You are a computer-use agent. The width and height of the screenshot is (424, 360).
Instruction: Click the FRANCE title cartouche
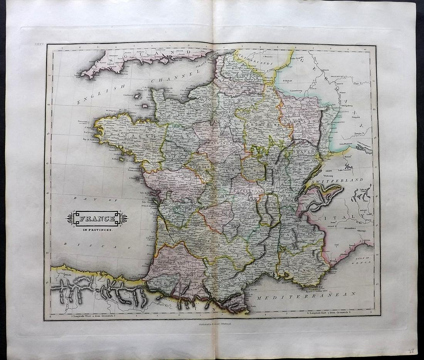[x=97, y=219]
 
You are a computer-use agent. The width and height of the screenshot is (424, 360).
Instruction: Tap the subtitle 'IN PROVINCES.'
[x=97, y=230]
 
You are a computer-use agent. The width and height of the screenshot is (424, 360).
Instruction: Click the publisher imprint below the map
[x=213, y=325]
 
